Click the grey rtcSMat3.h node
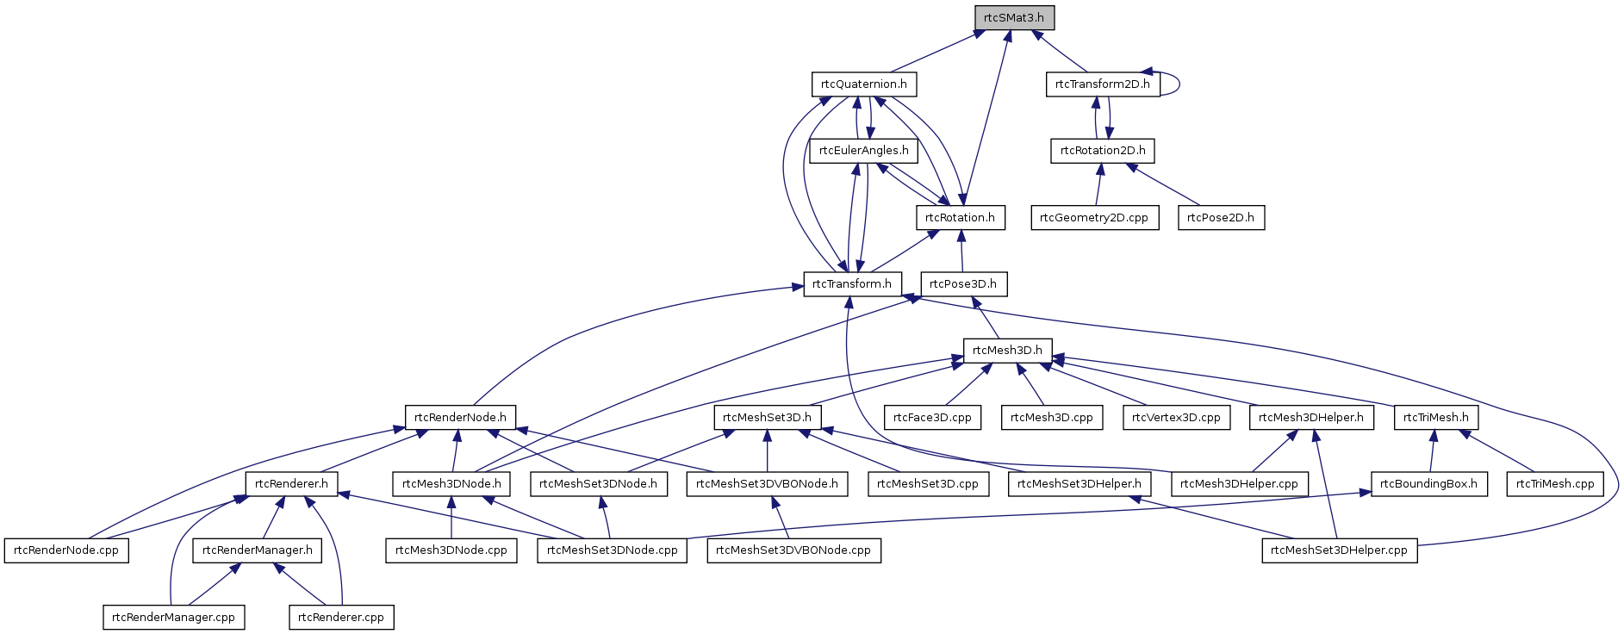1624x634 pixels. coord(1014,18)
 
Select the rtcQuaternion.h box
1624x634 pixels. coord(863,84)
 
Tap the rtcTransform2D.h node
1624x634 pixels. coord(1102,84)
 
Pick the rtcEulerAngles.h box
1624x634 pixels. coord(863,151)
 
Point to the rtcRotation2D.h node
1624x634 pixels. coord(1103,151)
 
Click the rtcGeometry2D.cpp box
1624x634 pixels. coord(1093,218)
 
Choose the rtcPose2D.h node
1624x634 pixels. coord(1220,218)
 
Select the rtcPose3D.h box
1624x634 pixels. coord(962,284)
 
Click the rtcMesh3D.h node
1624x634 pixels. coord(1007,351)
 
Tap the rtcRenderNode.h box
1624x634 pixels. coord(460,418)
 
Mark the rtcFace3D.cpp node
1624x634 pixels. coord(932,418)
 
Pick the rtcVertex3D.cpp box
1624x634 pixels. coord(1176,418)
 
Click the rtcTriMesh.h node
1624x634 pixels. coord(1435,418)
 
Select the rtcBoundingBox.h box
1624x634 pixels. coord(1428,484)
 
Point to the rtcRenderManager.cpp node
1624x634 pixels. coord(173,618)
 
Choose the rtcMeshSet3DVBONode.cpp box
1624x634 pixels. coord(793,550)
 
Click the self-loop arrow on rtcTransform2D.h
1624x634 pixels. coord(1178,84)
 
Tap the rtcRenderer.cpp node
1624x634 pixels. coord(340,618)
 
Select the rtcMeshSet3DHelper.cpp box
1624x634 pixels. coord(1338,550)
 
